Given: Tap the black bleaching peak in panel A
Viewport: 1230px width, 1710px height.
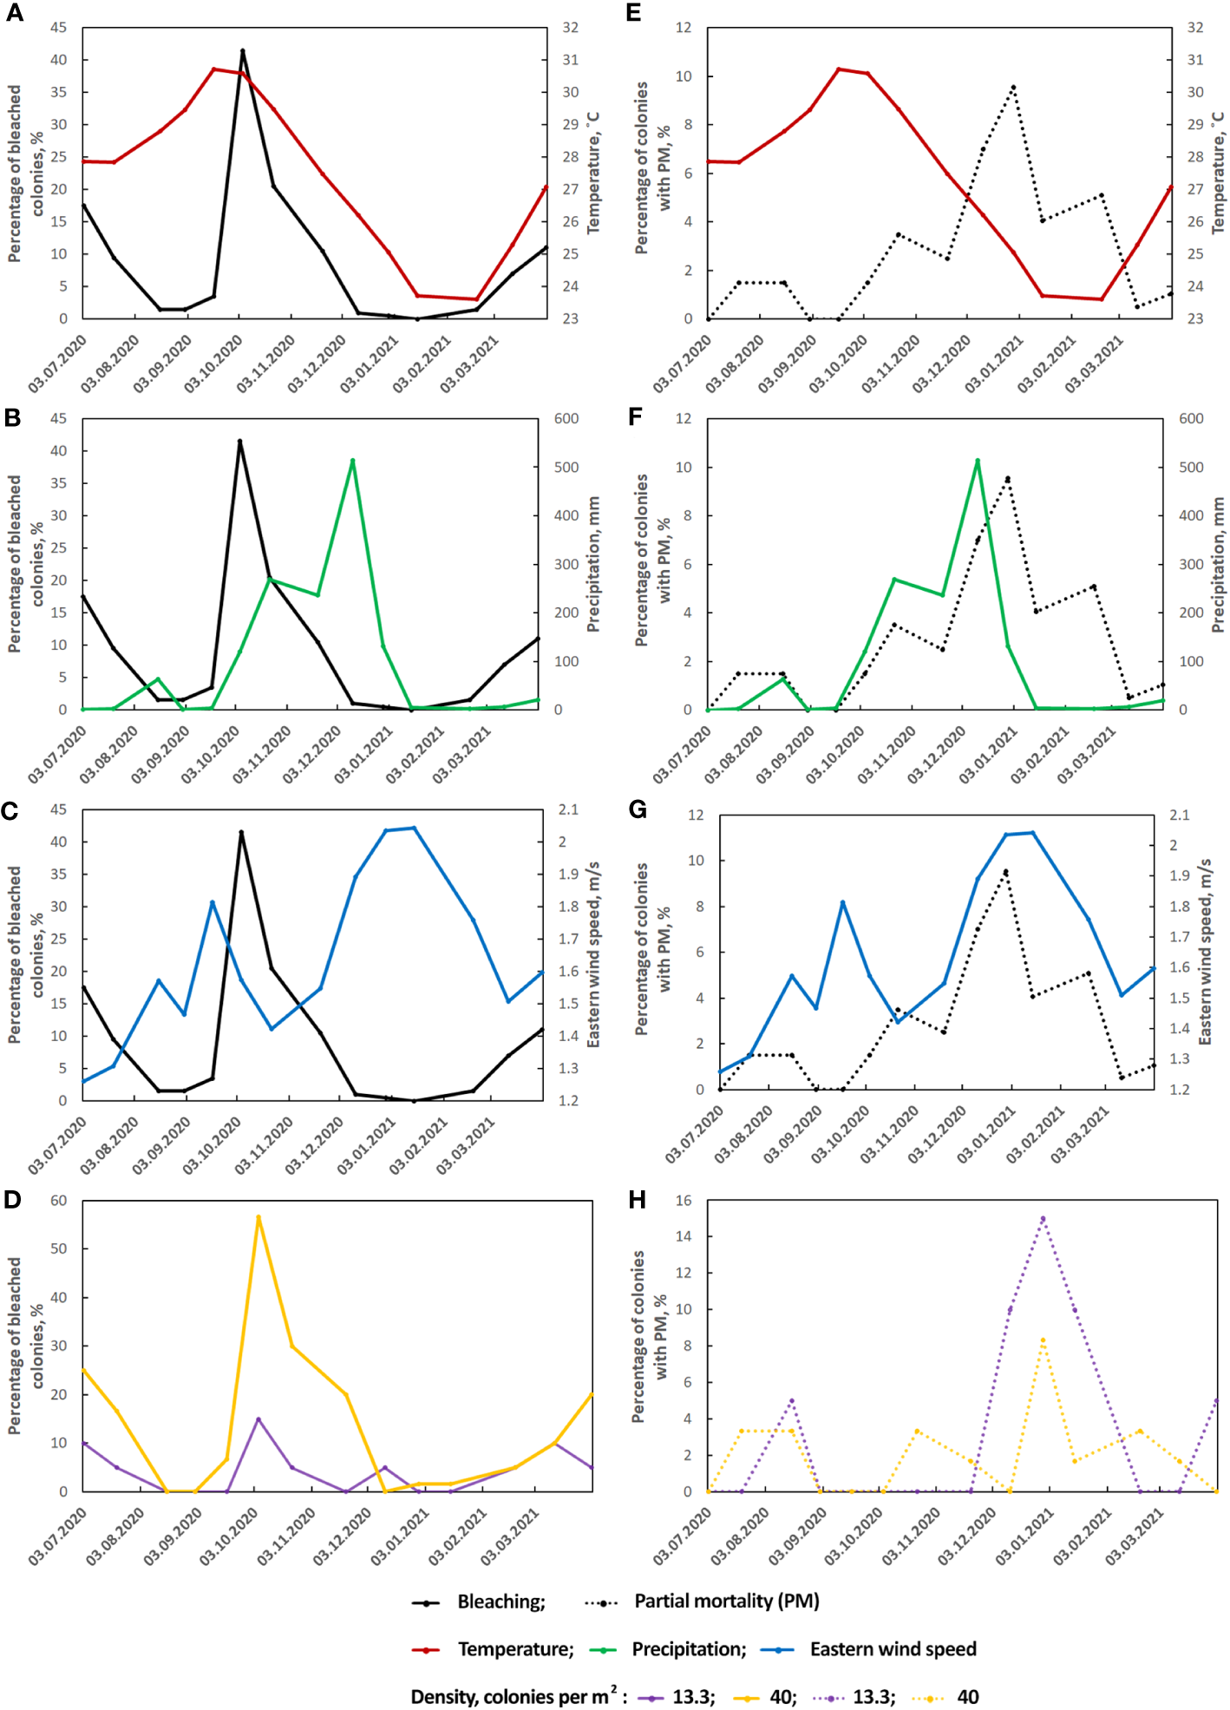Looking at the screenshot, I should pos(242,51).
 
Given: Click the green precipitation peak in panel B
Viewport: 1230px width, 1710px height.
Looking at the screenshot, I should pos(352,461).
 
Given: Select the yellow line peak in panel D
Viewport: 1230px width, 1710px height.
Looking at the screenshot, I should pos(258,1217).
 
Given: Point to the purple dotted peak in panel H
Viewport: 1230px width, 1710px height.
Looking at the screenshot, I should pos(1043,1218).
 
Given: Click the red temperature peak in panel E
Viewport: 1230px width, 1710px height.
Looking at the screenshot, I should pos(839,69).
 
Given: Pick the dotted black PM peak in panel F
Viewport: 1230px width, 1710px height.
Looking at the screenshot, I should pos(1007,478).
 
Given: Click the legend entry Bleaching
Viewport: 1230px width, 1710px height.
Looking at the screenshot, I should pos(501,1602).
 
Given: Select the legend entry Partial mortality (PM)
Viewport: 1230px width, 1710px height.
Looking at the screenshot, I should pos(726,1601).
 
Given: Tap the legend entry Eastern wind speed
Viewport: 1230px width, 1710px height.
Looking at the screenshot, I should pos(893,1649).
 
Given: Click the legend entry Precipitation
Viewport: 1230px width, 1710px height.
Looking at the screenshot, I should pos(689,1649).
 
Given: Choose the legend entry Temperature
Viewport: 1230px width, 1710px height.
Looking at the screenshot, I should pos(515,1649).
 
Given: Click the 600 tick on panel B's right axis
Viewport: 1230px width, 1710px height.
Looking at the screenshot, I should pos(566,419).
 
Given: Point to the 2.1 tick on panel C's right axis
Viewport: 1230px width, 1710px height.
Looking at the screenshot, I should pos(568,809).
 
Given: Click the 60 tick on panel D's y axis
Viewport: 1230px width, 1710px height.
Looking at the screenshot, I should pos(59,1201).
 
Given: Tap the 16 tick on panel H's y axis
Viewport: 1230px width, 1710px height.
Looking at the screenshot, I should pos(684,1201).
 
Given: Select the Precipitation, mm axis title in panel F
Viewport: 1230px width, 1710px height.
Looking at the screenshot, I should pos(1218,564).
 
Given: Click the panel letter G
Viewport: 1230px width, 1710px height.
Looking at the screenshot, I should pos(638,809).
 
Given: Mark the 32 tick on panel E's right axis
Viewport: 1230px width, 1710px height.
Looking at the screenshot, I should pos(1195,28).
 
